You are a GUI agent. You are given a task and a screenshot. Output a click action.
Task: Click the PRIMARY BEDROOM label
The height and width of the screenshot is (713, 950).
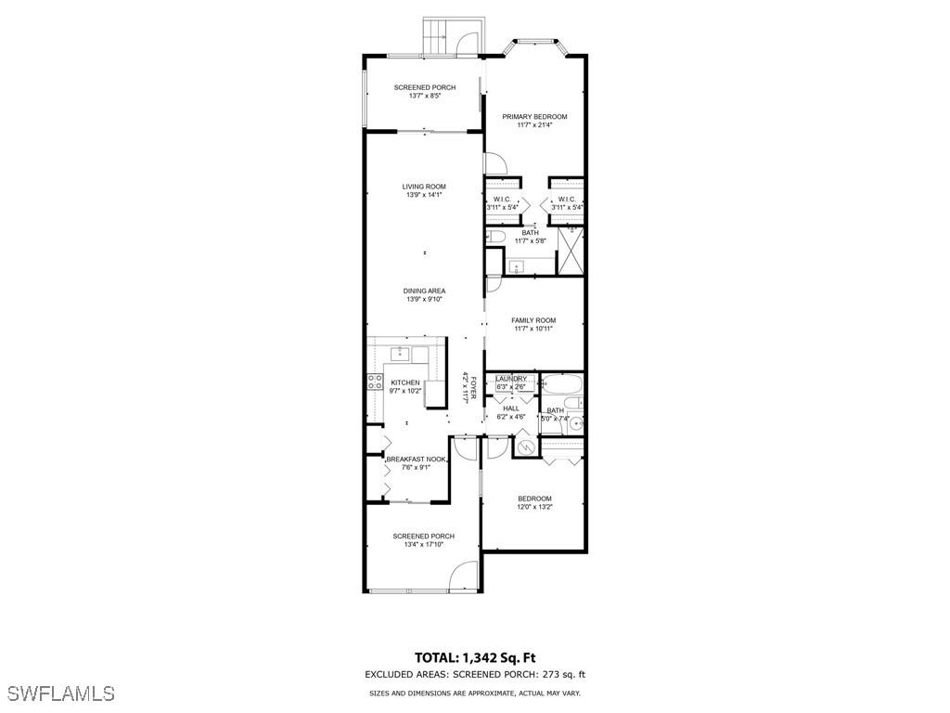pos(534,117)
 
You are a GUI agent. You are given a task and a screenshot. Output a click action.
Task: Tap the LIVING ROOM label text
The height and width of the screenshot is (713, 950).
pos(423,187)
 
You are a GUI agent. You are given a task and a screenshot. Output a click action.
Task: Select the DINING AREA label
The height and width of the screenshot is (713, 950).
pos(423,291)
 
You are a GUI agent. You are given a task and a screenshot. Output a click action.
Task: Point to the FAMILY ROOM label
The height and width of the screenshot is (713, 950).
pos(533,320)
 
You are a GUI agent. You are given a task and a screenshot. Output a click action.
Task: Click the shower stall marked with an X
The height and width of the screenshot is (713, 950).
pos(570,250)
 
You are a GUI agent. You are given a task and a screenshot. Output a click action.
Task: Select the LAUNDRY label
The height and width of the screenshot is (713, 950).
pos(511,379)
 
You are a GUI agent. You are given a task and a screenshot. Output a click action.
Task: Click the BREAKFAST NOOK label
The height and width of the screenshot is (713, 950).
pos(417,460)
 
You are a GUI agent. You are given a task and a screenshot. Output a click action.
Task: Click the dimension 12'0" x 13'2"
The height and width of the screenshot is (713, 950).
pos(534,507)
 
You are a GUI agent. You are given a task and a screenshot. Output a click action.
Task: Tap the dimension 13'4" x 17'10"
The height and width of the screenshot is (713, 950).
pos(423,545)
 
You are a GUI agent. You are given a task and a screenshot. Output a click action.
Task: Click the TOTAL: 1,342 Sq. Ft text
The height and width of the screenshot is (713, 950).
pos(474,656)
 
